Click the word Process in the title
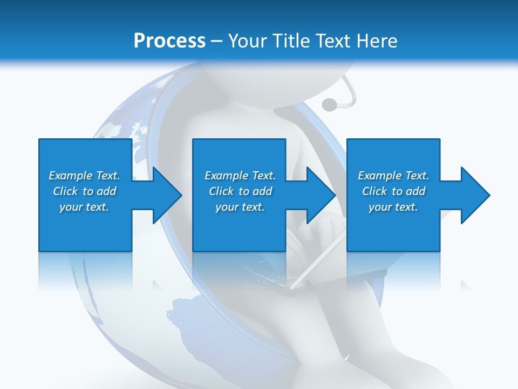(x=169, y=41)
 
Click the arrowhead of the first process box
(x=165, y=195)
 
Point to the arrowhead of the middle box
(x=319, y=195)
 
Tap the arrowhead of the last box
(x=474, y=195)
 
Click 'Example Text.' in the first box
(x=84, y=176)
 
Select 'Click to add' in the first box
(x=84, y=191)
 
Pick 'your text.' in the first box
(x=84, y=207)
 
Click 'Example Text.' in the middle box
(x=240, y=176)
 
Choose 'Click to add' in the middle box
(x=240, y=191)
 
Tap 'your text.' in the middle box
(x=240, y=207)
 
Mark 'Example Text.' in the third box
(x=393, y=176)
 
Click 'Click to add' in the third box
(x=393, y=191)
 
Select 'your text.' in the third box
(x=393, y=207)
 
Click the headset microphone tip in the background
(x=328, y=104)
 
